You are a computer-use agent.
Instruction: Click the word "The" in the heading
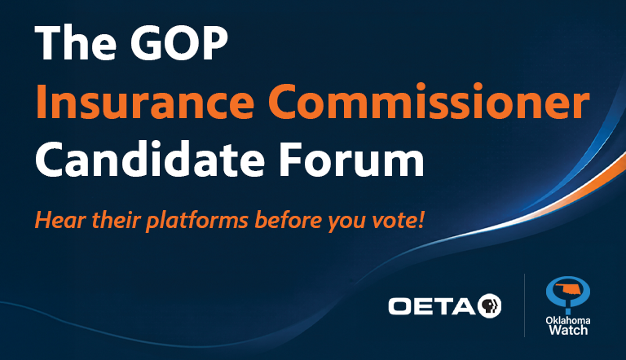coord(76,42)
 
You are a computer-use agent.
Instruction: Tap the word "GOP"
coord(179,42)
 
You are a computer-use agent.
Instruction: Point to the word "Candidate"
coord(150,159)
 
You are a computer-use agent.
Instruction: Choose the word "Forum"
coord(351,159)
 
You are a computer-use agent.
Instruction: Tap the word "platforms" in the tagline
coord(196,221)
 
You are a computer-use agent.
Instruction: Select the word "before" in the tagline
coord(288,220)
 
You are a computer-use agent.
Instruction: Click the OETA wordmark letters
coord(431,306)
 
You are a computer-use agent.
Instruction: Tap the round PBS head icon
coord(489,305)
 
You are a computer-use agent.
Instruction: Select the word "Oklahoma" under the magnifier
coord(567,320)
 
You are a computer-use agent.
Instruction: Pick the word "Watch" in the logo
coord(568,330)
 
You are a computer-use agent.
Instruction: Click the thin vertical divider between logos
coord(524,305)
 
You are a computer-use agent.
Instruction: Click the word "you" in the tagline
coord(346,222)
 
